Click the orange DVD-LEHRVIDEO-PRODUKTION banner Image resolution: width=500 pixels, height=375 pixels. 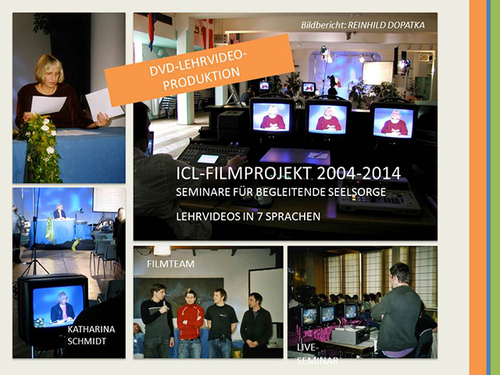pyautogui.click(x=200, y=70)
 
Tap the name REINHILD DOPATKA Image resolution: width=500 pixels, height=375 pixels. pyautogui.click(x=386, y=25)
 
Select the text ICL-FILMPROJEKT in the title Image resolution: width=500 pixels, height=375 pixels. pyautogui.click(x=244, y=173)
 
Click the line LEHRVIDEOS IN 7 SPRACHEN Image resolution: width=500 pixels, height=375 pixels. pyautogui.click(x=248, y=216)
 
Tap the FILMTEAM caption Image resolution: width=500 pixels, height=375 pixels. pyautogui.click(x=170, y=264)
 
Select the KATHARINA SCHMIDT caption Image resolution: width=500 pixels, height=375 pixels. pyautogui.click(x=91, y=335)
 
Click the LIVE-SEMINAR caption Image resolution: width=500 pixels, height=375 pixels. pyautogui.click(x=317, y=354)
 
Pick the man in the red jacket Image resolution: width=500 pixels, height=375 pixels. pyautogui.click(x=190, y=323)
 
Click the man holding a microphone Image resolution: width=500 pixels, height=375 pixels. pyautogui.click(x=157, y=321)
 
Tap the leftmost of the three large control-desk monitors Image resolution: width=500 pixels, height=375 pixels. pyautogui.click(x=272, y=116)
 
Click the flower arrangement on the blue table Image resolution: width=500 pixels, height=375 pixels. pyautogui.click(x=41, y=148)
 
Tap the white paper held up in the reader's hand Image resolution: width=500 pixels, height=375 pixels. pyautogui.click(x=104, y=103)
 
